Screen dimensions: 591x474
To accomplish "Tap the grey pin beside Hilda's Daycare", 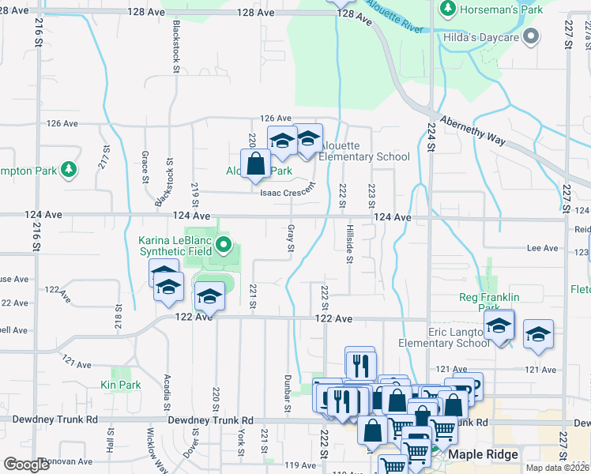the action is [531, 36].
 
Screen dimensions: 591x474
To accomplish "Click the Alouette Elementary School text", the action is [365, 151].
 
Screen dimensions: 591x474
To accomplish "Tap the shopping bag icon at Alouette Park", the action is [256, 164].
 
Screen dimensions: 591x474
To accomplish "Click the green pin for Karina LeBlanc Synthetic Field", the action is [224, 246].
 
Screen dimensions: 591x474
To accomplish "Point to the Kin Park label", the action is [120, 385].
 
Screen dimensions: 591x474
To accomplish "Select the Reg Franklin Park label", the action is [490, 303].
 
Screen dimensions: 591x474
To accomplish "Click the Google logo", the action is [26, 465].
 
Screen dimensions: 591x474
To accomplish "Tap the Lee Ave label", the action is [542, 248].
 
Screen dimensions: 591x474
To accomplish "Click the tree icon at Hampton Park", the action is [69, 168].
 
